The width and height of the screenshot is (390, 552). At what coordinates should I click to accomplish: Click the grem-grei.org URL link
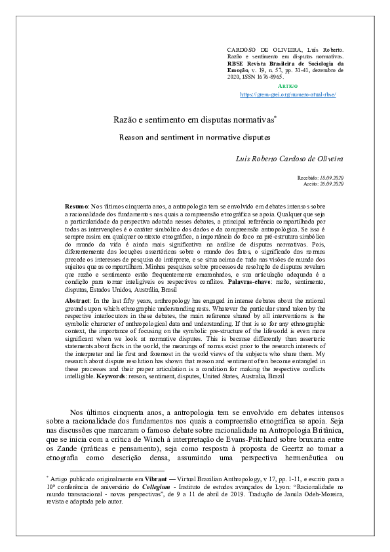click(x=288, y=94)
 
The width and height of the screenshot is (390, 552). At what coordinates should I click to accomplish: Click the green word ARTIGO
click(x=288, y=86)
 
